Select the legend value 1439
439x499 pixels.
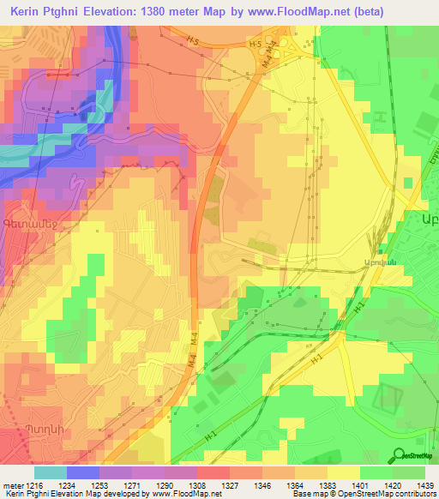pyautogui.click(x=420, y=487)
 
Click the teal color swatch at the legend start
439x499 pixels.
pyautogui.click(x=50, y=472)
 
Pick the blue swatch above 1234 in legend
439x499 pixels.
pyautogui.click(x=83, y=472)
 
